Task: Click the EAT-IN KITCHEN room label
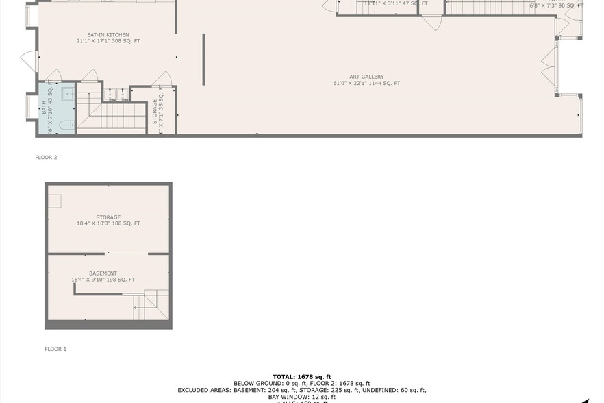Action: pos(108,35)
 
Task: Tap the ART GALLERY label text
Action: pos(366,77)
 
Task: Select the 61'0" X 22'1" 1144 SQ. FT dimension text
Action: pos(366,84)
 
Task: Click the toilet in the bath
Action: pos(65,125)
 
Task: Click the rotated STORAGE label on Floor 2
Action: pos(155,111)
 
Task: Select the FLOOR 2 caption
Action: pos(46,157)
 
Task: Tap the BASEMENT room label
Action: pos(103,273)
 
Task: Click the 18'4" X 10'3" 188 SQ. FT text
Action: pos(108,223)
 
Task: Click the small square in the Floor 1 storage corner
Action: pos(54,201)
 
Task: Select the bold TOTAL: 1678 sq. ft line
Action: pos(302,376)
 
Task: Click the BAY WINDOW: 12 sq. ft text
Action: pos(302,397)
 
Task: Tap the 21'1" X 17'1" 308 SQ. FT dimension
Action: pos(108,41)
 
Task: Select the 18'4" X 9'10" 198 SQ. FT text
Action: pos(103,280)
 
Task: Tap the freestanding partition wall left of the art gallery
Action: pos(203,60)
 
